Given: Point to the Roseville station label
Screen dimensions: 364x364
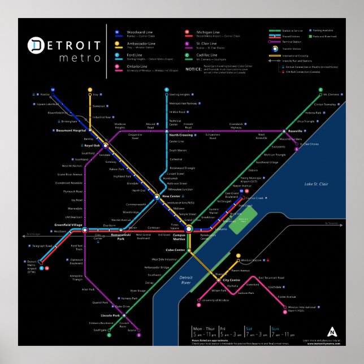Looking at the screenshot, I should (x=295, y=131).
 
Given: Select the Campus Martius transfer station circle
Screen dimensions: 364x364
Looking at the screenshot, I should (x=189, y=228).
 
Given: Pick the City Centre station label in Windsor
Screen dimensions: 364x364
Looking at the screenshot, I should (x=232, y=280).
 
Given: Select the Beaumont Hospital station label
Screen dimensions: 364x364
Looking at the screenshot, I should (x=72, y=131).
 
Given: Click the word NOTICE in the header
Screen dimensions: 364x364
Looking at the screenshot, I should (x=193, y=70).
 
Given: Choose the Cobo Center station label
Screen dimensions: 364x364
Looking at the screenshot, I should (x=175, y=250).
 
